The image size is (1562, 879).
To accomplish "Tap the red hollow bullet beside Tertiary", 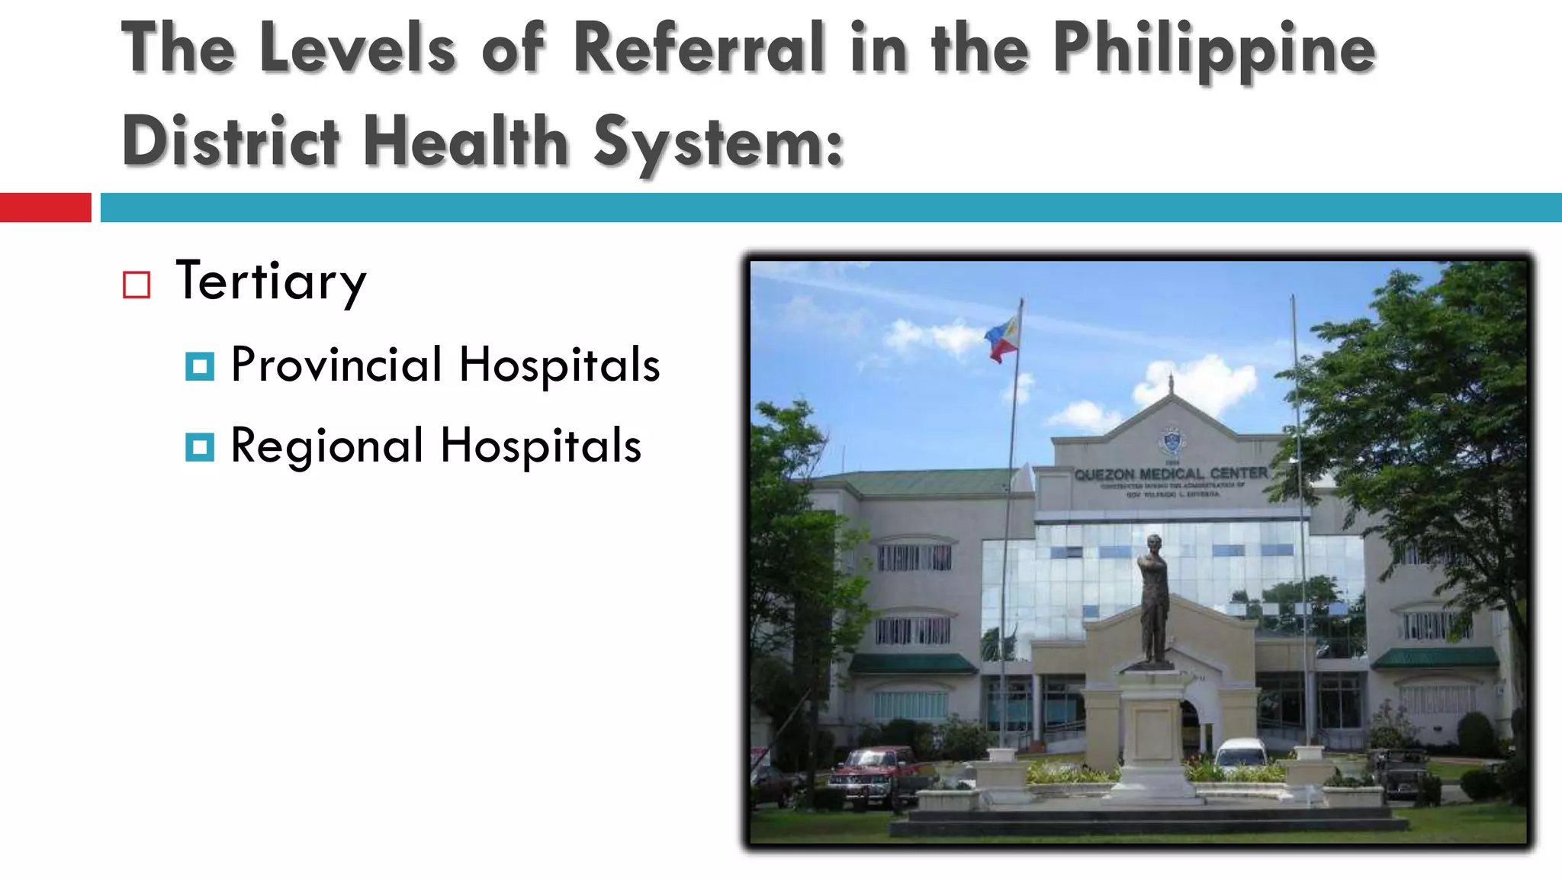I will [x=137, y=285].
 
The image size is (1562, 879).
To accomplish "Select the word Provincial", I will [x=336, y=365].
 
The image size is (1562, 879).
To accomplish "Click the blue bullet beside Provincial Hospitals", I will [x=200, y=366].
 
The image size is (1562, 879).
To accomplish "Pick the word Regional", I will [x=326, y=446].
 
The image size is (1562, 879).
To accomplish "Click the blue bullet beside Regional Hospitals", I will [x=200, y=447].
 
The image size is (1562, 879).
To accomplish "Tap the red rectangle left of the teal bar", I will [x=45, y=208].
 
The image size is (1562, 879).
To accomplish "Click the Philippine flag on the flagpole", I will [x=1002, y=340].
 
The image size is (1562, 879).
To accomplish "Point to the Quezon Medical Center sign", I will [x=1171, y=475].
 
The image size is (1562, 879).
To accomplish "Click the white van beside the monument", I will [x=1241, y=755].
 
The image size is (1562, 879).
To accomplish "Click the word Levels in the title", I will [x=358, y=48].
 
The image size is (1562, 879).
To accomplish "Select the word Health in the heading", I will [x=466, y=141].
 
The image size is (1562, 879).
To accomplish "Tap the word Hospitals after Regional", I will [x=541, y=446].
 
